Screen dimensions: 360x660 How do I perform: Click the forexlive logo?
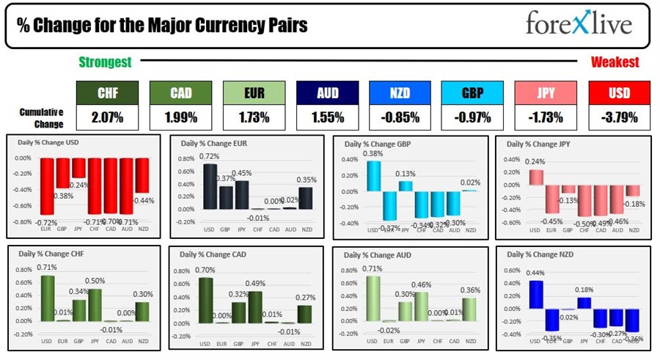pos(578,24)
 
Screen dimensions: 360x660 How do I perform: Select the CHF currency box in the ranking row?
pos(108,92)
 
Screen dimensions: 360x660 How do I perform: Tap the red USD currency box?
pos(619,92)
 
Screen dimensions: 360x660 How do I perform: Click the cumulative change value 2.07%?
pos(108,117)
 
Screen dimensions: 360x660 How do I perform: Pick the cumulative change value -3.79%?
pos(619,117)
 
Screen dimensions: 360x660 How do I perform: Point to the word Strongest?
pos(106,63)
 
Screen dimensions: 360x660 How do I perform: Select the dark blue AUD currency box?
pos(327,92)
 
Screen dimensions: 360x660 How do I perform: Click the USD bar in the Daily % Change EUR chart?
pos(210,186)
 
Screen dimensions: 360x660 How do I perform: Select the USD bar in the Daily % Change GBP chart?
pos(373,176)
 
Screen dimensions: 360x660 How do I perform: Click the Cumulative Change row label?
pos(41,117)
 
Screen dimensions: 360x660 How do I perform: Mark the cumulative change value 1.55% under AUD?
pos(327,117)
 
